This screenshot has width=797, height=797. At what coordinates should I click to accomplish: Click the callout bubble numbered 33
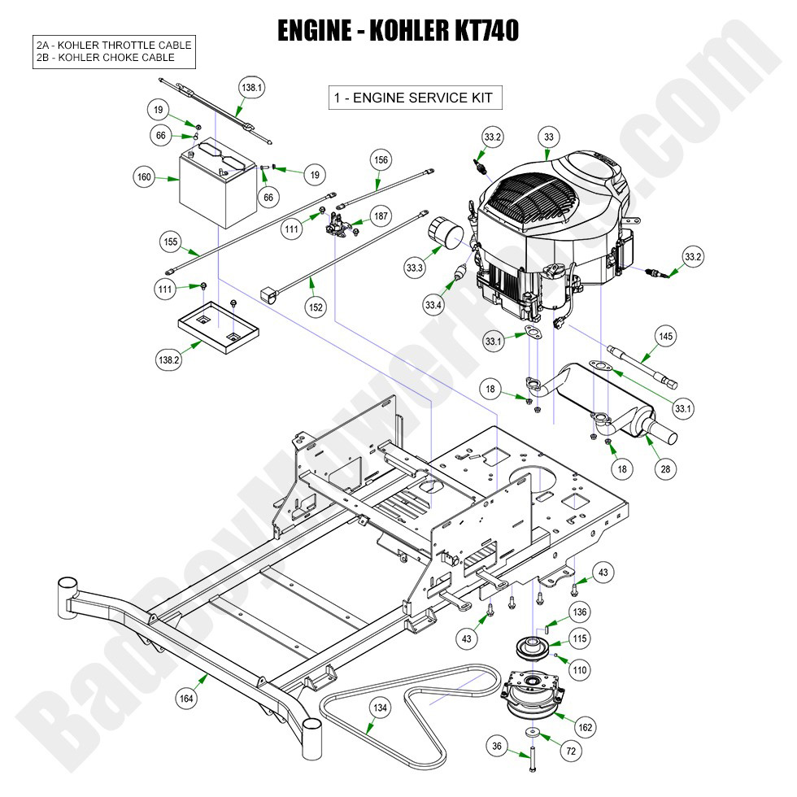click(x=549, y=137)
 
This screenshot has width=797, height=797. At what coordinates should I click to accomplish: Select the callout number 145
click(x=665, y=337)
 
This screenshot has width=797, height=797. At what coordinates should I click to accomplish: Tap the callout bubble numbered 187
click(x=381, y=216)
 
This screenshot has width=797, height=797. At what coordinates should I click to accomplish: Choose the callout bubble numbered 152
click(x=315, y=307)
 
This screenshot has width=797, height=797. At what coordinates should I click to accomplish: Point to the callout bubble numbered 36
click(x=497, y=746)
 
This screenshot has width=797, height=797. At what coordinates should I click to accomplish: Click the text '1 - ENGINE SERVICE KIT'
click(x=411, y=98)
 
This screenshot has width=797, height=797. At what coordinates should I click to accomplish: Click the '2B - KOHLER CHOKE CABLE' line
click(x=106, y=58)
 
